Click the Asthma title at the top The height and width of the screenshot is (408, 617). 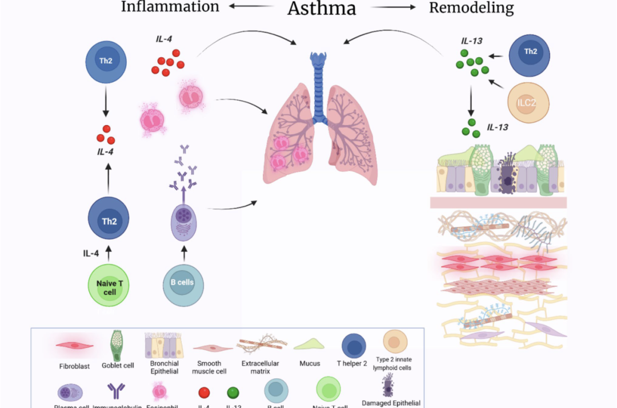tap(322, 8)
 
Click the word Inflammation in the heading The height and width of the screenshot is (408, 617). tap(170, 7)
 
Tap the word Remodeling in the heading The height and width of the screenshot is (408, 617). tap(471, 7)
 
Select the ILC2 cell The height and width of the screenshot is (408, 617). tap(528, 103)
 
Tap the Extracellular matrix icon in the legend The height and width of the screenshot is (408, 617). tap(262, 344)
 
